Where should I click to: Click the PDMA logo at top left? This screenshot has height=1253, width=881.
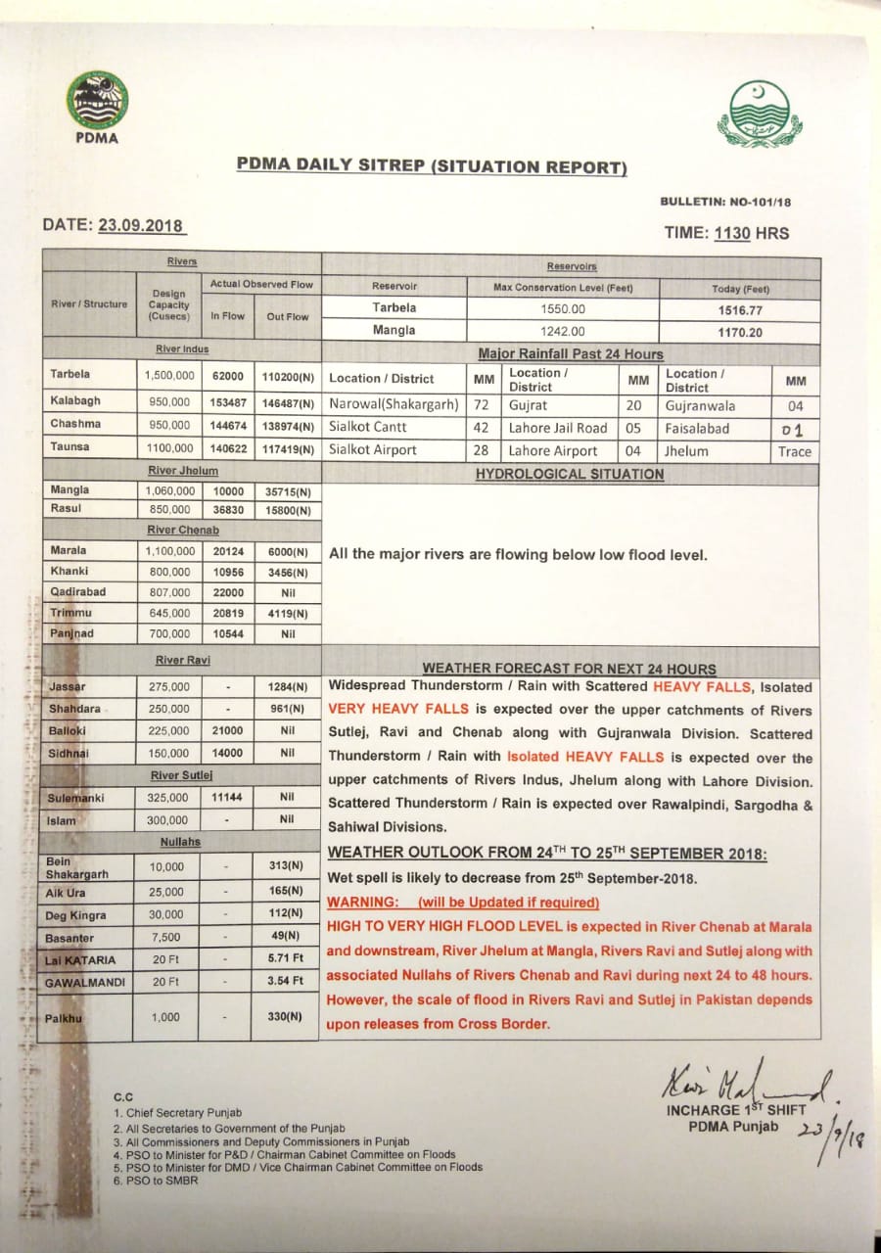(x=97, y=101)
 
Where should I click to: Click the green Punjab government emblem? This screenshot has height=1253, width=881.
(x=759, y=115)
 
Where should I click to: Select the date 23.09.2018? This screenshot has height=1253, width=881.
(x=141, y=225)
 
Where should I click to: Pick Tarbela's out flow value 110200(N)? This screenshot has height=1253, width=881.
(x=287, y=375)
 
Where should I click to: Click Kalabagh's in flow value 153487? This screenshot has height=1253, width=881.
(x=227, y=401)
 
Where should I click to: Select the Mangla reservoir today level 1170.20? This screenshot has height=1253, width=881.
(x=739, y=331)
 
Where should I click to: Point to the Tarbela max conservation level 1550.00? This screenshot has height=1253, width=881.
(x=563, y=308)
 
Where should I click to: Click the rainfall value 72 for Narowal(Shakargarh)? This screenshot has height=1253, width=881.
(x=481, y=404)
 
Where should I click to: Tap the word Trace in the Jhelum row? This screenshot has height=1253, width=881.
(x=794, y=451)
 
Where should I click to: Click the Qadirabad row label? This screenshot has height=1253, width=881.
(x=77, y=592)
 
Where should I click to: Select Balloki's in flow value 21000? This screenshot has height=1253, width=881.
(x=227, y=731)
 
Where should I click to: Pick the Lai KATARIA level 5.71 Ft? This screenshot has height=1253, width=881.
(x=286, y=959)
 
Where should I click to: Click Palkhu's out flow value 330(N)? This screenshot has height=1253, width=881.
(x=286, y=1017)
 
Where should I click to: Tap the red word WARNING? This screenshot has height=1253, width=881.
(x=362, y=903)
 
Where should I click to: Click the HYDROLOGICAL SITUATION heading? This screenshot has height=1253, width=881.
(x=569, y=475)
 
